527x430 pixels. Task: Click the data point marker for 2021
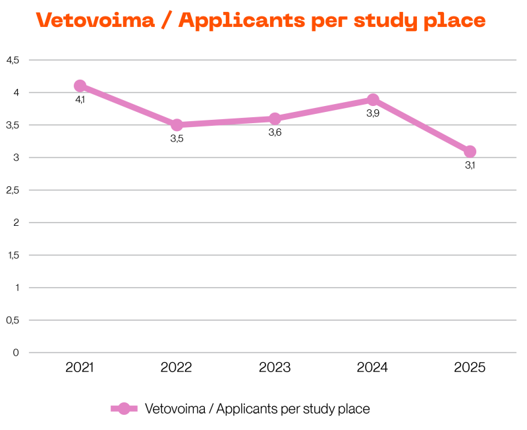80,86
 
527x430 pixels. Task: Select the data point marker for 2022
177,125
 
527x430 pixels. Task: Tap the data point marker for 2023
275,119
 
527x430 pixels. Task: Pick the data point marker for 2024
373,99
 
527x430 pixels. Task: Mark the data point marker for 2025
470,151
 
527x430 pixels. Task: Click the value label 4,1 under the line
80,100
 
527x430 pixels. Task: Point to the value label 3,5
177,139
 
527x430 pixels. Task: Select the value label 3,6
275,132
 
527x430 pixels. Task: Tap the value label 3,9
373,113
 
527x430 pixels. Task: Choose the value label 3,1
470,165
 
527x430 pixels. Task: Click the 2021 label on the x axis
80,367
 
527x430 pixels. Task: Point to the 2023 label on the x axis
275,367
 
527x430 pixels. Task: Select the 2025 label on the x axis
470,367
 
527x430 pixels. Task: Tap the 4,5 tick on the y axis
13,60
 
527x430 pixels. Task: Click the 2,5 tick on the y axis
13,190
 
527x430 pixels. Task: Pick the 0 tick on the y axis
16,353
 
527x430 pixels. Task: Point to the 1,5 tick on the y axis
13,255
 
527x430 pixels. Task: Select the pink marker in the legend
124,409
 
